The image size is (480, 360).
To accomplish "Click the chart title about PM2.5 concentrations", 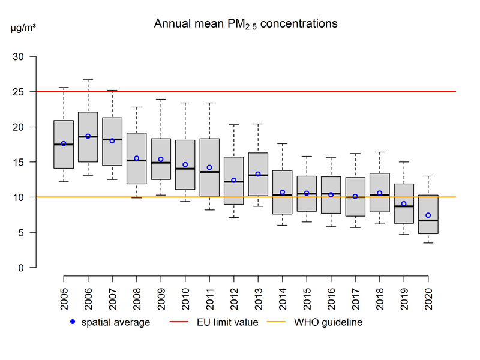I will click(245, 24).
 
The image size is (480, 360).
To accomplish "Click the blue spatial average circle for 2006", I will click(88, 136).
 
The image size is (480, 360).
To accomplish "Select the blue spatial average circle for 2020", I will click(428, 215).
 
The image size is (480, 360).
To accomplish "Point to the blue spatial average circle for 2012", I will click(234, 180).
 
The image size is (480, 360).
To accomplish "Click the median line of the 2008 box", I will click(137, 161).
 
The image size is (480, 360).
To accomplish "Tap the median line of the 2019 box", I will click(404, 206).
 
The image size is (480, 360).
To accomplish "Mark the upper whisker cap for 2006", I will click(88, 80).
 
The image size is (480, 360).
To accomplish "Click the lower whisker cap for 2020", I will click(428, 242).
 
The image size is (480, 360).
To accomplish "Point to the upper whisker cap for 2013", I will click(258, 124).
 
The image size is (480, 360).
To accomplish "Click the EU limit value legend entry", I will click(216, 322).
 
